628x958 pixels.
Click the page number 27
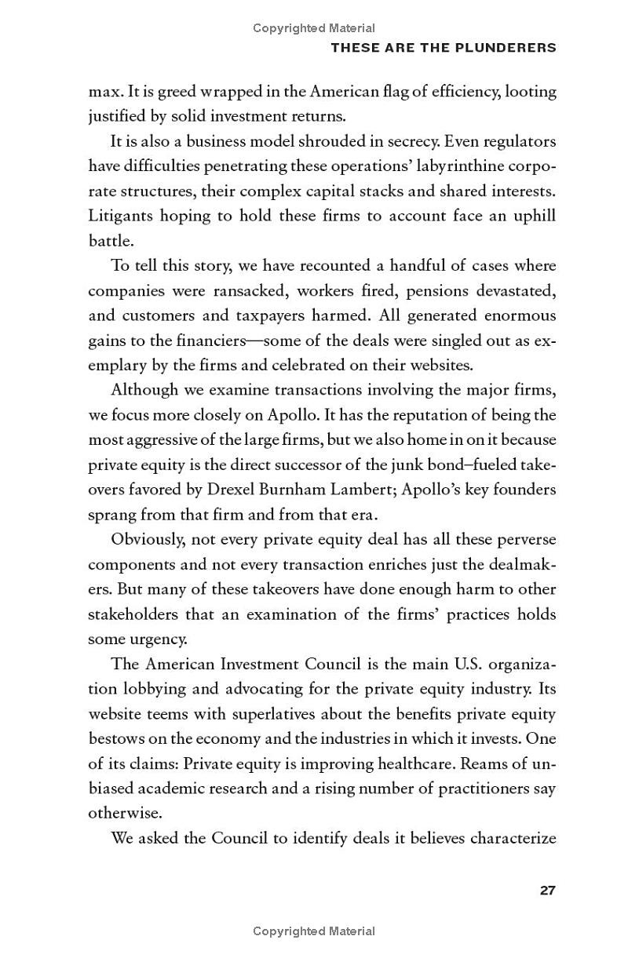click(547, 890)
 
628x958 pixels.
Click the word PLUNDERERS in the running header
click(510, 48)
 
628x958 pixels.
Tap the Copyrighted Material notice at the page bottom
click(314, 931)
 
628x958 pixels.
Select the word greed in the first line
click(177, 92)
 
